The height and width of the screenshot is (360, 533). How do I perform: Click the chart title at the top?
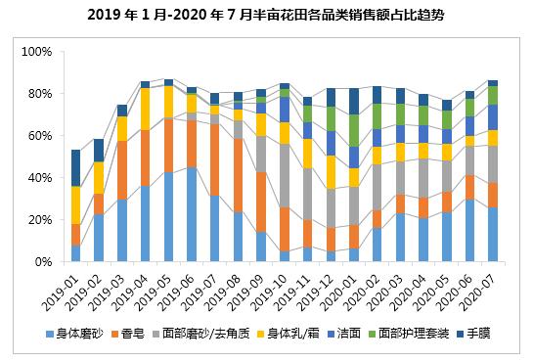click(x=265, y=15)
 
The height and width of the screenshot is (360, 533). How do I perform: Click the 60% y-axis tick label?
click(x=39, y=136)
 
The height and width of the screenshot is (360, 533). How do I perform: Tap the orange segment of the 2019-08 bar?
click(x=238, y=175)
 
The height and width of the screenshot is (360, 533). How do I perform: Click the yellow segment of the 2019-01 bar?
click(x=75, y=204)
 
